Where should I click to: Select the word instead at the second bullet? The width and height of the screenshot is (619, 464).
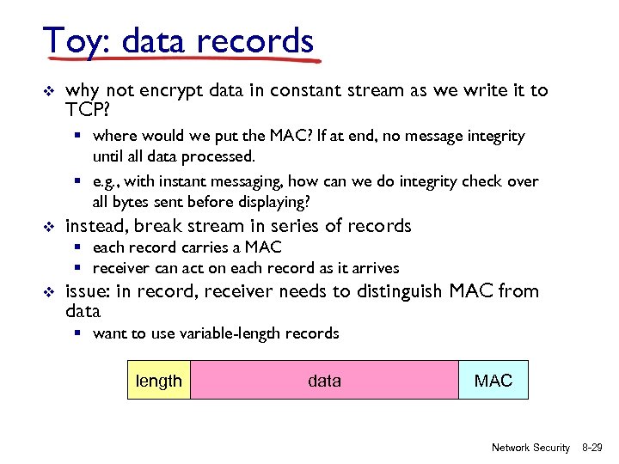tap(96, 226)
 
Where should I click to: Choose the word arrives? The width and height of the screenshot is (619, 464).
tap(372, 268)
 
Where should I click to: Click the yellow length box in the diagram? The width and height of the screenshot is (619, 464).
tap(159, 381)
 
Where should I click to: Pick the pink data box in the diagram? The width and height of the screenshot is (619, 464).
tap(324, 381)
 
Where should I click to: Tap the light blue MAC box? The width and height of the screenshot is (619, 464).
tap(493, 381)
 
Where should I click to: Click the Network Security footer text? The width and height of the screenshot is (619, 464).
tap(530, 448)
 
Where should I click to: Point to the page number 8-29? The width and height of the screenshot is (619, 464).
tap(594, 448)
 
